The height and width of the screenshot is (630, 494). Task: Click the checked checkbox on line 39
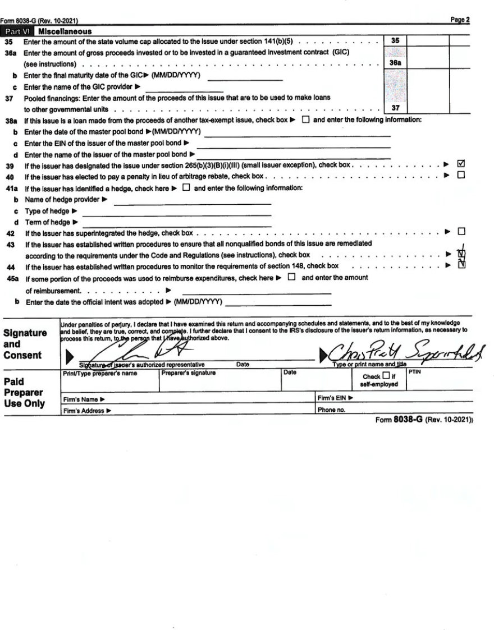(461, 164)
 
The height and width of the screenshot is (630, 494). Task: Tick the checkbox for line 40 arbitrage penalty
(461, 176)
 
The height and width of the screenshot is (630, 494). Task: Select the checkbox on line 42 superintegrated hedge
(461, 231)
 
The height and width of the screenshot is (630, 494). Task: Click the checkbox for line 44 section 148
(461, 265)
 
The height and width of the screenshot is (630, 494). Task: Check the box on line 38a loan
(305, 120)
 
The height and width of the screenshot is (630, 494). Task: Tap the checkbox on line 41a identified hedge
(186, 188)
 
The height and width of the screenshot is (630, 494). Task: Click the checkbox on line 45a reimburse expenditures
(291, 277)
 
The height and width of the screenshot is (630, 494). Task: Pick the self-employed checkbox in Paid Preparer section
(386, 376)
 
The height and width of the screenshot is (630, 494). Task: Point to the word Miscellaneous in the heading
(65, 32)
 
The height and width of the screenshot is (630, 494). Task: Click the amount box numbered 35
(395, 41)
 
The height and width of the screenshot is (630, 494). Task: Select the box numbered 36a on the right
(395, 63)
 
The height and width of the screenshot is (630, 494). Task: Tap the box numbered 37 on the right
(395, 108)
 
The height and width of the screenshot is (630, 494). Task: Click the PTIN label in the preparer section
(415, 372)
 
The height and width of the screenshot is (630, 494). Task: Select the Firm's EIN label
(335, 398)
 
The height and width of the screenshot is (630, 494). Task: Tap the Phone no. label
(331, 410)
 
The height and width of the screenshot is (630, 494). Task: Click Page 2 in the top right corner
(460, 20)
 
